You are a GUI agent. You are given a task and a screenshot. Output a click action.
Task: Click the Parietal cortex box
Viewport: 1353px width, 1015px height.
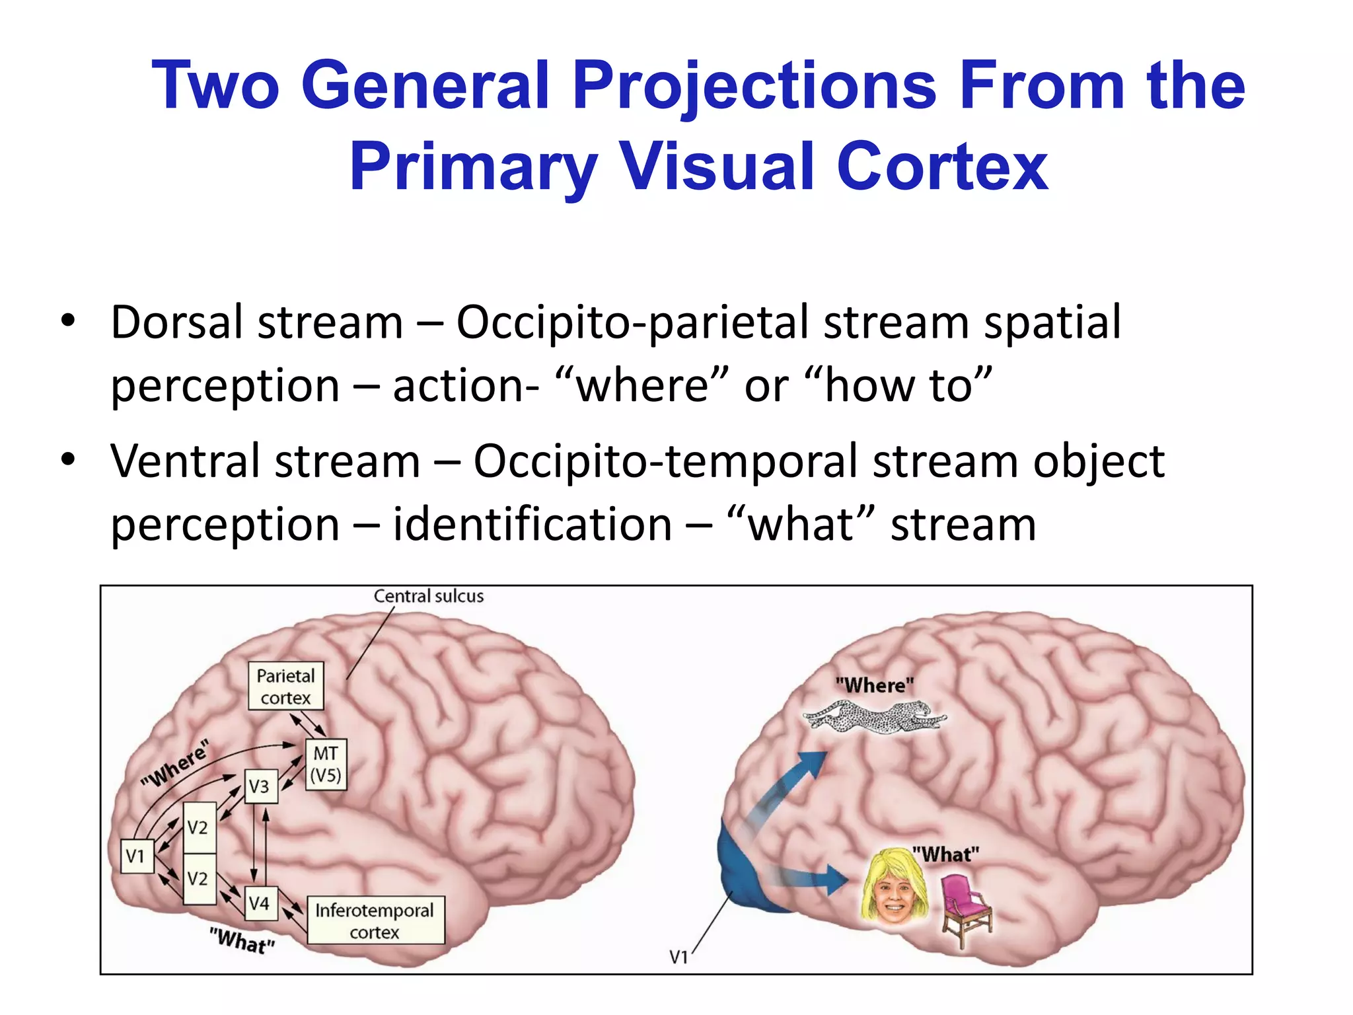[x=285, y=687]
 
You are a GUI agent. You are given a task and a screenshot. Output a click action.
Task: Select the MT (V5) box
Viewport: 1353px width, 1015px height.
[x=326, y=764]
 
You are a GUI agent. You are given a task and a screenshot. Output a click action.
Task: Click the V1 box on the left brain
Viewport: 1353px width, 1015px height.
[x=137, y=856]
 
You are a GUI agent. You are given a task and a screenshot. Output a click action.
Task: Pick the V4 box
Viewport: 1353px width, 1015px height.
[x=260, y=903]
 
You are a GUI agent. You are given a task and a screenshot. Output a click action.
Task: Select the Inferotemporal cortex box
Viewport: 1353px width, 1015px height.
[x=375, y=921]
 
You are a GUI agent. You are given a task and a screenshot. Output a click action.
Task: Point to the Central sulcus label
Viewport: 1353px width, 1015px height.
[x=428, y=596]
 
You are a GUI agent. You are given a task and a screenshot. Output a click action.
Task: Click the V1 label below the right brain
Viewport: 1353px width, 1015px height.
[x=678, y=956]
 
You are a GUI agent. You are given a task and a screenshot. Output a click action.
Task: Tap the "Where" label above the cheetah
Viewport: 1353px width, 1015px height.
[x=874, y=685]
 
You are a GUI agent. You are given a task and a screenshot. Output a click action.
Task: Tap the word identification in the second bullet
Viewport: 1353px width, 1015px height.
[x=532, y=525]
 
